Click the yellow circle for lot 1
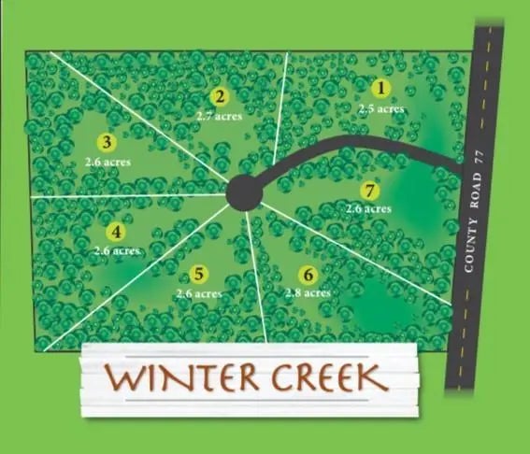click(x=380, y=90)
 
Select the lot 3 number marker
click(x=107, y=142)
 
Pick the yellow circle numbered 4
click(x=116, y=233)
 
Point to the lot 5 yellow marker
click(x=198, y=274)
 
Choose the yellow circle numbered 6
click(x=307, y=275)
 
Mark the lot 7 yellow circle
click(x=371, y=192)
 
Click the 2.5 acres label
click(x=381, y=108)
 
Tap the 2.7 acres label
click(x=219, y=116)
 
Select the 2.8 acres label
click(x=308, y=293)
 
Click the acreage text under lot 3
click(x=107, y=161)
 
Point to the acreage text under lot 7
click(x=368, y=209)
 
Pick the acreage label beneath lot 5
click(x=198, y=293)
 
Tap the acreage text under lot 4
click(x=117, y=250)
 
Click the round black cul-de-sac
click(x=245, y=192)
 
